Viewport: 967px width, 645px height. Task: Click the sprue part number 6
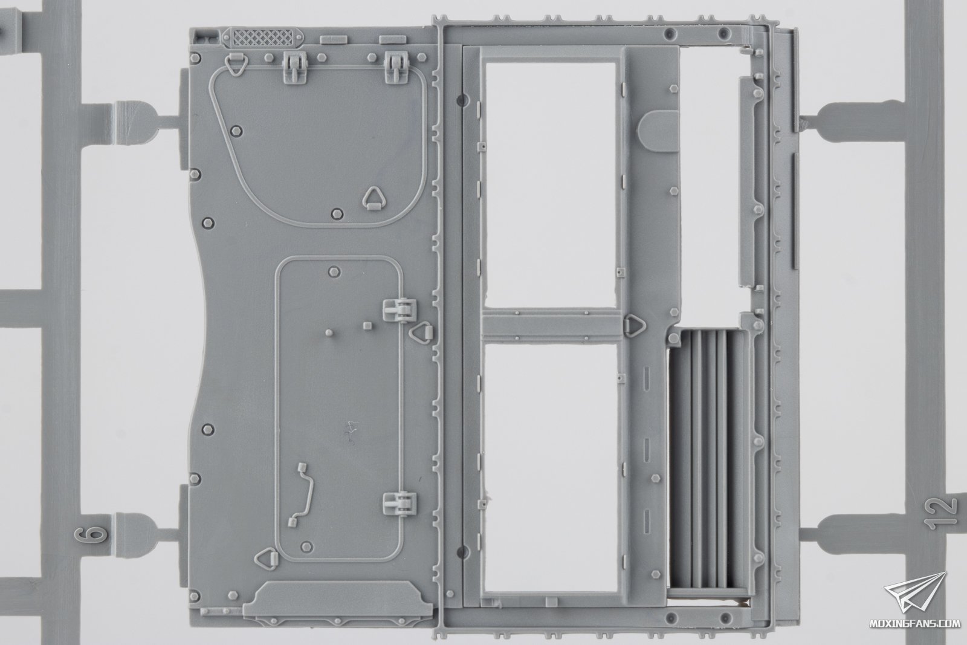point(91,534)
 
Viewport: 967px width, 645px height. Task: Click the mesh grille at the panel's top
point(263,38)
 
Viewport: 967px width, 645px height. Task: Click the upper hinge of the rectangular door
point(399,311)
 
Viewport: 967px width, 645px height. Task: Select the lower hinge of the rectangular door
point(399,504)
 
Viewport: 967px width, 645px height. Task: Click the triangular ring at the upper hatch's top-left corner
point(236,65)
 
